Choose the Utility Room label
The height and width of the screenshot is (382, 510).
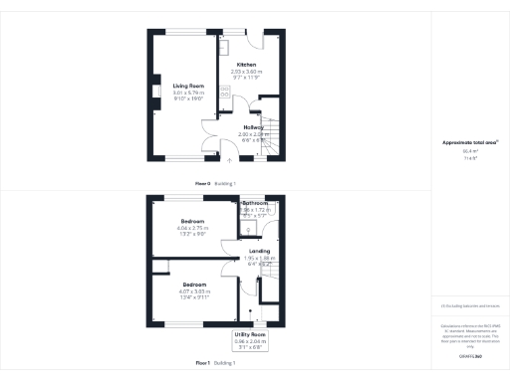(250, 334)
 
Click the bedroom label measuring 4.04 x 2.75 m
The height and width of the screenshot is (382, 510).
(192, 220)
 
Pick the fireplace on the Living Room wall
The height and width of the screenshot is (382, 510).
(155, 93)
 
